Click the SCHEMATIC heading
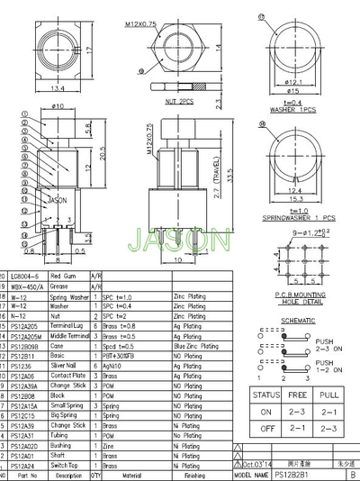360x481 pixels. tap(297, 320)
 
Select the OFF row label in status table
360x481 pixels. tap(265, 429)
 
